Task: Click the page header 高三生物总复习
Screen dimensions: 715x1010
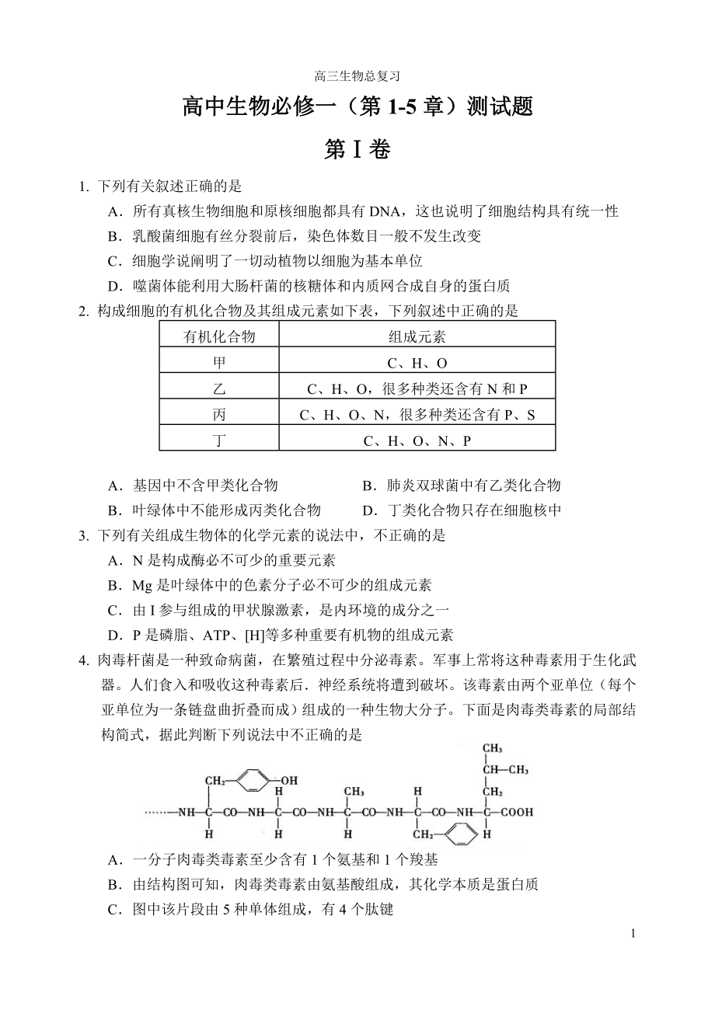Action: click(357, 76)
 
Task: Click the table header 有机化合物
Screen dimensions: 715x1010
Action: click(219, 336)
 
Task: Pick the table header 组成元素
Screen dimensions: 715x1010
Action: click(417, 336)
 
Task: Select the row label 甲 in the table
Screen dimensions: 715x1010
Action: click(219, 362)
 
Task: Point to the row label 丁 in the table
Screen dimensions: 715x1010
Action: click(219, 440)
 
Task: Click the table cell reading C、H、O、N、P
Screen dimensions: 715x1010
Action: click(417, 441)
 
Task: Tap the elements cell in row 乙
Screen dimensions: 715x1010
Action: click(417, 388)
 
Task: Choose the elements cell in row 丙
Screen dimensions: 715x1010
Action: click(417, 415)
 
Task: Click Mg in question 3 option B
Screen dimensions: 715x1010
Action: click(142, 586)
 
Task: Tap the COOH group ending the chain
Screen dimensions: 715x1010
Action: click(516, 812)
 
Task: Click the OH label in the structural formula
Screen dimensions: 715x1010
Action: click(288, 778)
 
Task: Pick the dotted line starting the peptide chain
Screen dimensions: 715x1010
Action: click(159, 812)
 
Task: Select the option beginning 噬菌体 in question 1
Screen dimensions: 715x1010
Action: click(311, 286)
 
